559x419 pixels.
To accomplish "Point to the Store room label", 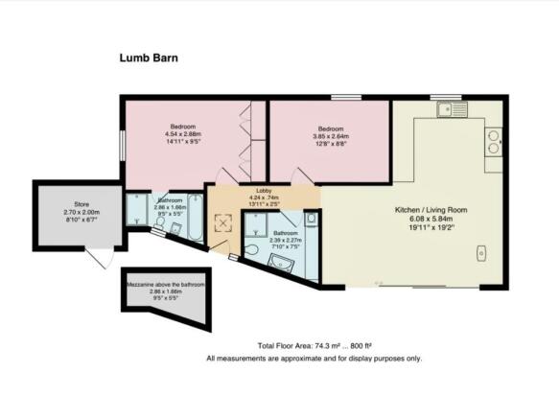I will pyautogui.click(x=81, y=211).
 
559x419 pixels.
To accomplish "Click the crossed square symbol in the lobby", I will pyautogui.click(x=225, y=223).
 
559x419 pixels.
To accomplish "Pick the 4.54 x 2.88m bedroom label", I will pyautogui.click(x=183, y=136).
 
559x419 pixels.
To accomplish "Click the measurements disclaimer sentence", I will pyautogui.click(x=313, y=359).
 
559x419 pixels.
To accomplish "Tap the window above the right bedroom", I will pyautogui.click(x=346, y=97).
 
